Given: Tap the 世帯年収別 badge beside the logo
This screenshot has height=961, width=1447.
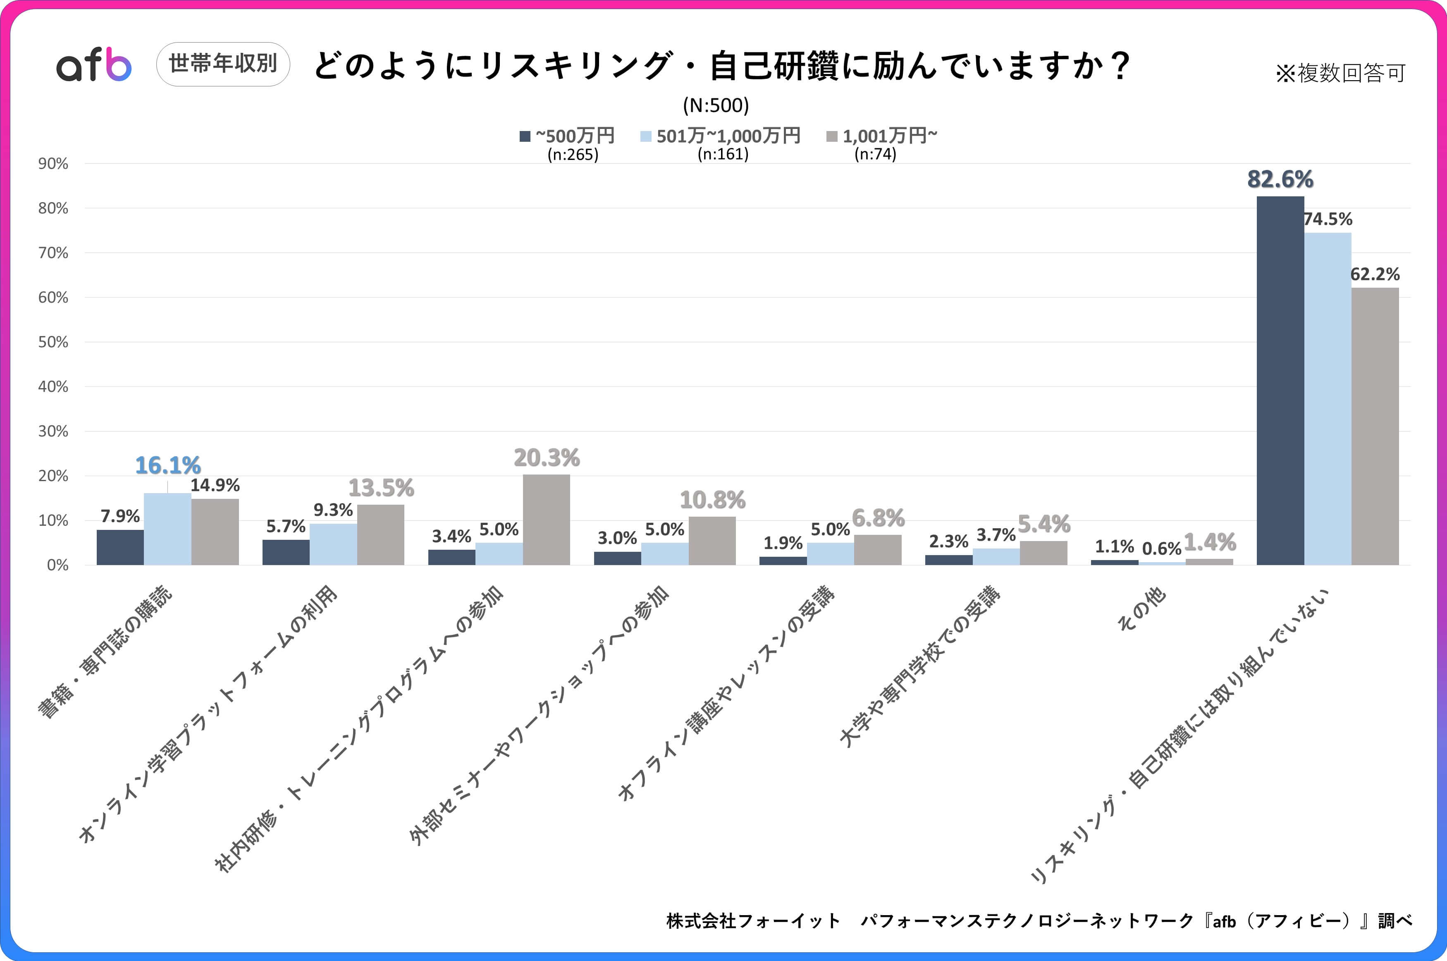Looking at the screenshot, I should tap(223, 64).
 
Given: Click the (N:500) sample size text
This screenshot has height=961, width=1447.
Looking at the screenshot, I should tap(716, 105).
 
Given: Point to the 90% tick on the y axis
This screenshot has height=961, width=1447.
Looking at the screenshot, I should tap(53, 164).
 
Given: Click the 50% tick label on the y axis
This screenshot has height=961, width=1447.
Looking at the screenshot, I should tap(53, 342).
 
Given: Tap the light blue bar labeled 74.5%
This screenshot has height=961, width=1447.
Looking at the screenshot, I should tap(1328, 398).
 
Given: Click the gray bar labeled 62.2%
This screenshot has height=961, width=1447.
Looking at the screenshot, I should tap(1375, 426).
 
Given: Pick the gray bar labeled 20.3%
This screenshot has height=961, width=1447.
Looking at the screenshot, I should tap(546, 520).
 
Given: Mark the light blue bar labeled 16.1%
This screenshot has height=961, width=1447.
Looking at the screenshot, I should tap(167, 529).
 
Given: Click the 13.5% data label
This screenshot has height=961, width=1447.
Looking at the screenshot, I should tap(381, 488).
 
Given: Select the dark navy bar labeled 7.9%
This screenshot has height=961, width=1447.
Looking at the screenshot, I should tap(120, 547).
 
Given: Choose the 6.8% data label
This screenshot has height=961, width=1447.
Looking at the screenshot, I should tap(878, 518).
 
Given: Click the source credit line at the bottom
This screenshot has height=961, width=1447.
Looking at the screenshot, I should tap(1039, 920).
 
